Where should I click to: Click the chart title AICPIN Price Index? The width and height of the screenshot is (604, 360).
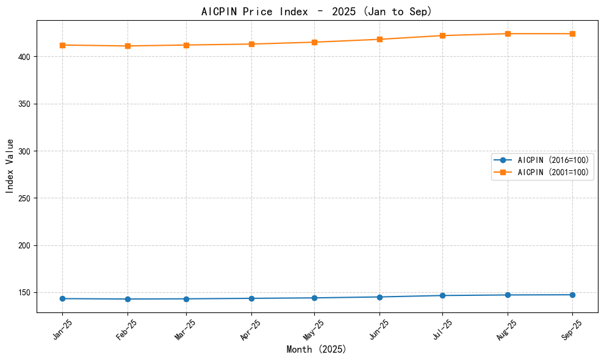[x=317, y=11]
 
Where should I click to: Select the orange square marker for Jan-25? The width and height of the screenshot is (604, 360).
[x=62, y=45]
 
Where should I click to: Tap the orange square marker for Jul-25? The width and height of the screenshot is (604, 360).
[x=442, y=35]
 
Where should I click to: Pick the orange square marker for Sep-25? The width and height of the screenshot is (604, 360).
[x=572, y=34]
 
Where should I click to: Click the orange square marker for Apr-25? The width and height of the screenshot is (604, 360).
[x=251, y=44]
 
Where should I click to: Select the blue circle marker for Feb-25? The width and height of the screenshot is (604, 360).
[x=128, y=299]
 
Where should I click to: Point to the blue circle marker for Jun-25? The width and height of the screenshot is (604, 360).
[x=379, y=297]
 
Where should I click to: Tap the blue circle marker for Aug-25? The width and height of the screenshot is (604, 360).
[x=508, y=295]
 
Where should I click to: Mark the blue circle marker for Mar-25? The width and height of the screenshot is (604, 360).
[x=186, y=299]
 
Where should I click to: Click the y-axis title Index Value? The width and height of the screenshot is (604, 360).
[x=10, y=166]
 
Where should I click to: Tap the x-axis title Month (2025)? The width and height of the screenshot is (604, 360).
[x=317, y=350]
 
